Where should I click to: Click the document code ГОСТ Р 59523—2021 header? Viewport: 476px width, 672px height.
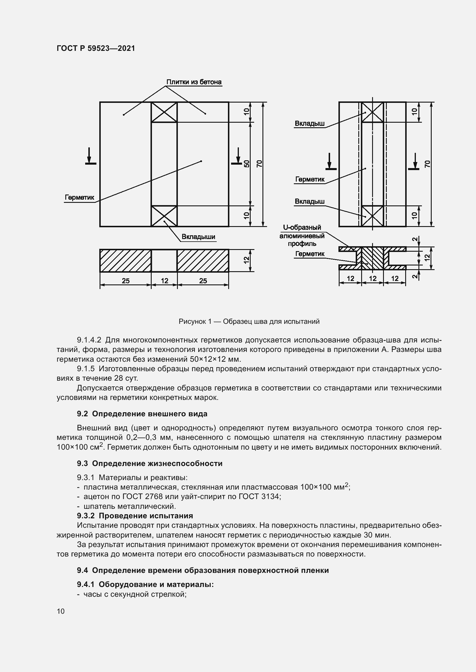click(96, 48)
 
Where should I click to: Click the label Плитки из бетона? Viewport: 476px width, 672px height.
click(194, 82)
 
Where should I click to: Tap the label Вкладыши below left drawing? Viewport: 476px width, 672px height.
click(199, 236)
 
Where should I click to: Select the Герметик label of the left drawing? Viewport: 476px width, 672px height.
click(79, 197)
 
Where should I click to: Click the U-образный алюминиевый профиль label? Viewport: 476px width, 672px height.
click(302, 235)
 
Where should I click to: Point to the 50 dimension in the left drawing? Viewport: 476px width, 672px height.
click(247, 163)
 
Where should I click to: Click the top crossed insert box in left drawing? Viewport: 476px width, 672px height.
click(164, 112)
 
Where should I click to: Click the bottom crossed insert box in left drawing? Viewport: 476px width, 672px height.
click(164, 216)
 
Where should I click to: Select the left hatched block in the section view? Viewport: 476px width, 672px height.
click(125, 261)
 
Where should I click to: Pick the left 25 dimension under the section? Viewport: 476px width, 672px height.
click(125, 281)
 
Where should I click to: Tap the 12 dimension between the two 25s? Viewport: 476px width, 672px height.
click(164, 281)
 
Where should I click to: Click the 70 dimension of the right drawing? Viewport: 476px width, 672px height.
click(428, 163)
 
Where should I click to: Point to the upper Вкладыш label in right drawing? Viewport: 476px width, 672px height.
click(310, 124)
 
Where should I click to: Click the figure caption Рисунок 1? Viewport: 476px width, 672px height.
click(249, 321)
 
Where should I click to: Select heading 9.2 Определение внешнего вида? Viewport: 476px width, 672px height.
click(142, 413)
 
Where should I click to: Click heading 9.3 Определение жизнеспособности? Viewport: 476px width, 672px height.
click(150, 463)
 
